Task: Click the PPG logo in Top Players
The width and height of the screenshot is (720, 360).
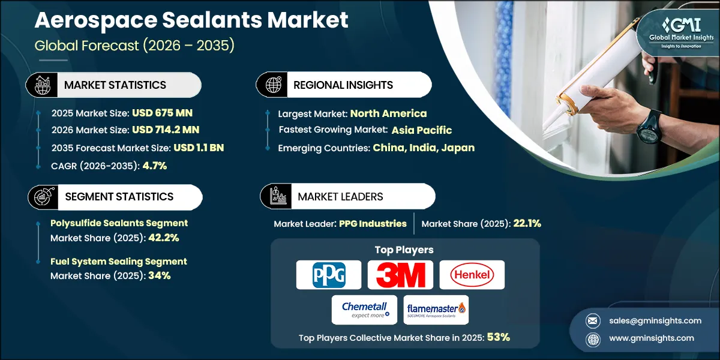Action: pos(328,275)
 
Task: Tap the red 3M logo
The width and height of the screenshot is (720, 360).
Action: pos(400,275)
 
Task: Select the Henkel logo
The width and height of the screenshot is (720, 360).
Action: pos(472,275)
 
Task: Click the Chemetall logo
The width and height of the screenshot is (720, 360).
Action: pos(364,310)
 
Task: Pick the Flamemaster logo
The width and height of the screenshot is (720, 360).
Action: pos(436,310)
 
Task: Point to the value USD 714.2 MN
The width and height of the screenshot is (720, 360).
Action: pos(166,129)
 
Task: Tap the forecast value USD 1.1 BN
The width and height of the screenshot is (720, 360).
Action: pos(199,148)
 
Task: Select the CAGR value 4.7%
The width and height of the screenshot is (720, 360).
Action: pos(155,166)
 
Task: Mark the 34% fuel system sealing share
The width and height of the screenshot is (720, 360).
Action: pos(158,276)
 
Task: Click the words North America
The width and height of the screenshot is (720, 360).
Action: pos(388,113)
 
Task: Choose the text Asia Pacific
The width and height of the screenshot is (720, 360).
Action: pos(422,130)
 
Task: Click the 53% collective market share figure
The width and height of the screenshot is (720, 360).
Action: pos(498,338)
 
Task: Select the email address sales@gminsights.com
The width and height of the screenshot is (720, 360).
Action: pos(646,320)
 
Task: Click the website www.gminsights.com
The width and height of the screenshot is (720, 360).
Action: pos(643,338)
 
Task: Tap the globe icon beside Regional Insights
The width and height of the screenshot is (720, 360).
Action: pos(274,85)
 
